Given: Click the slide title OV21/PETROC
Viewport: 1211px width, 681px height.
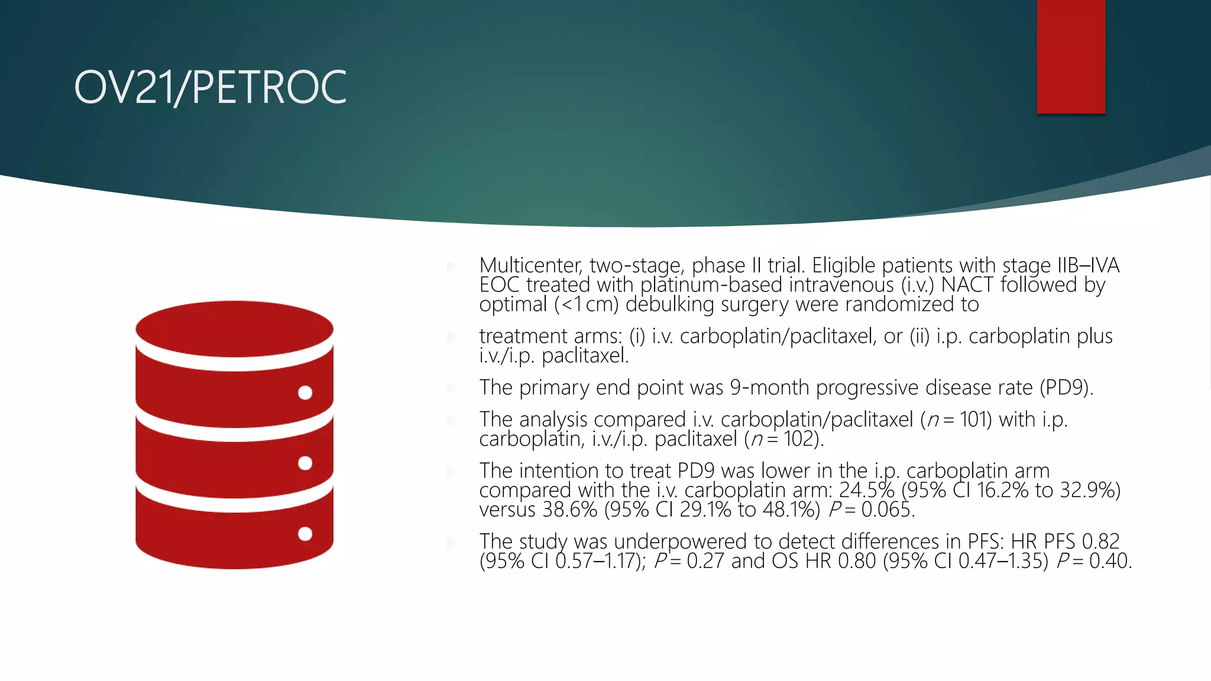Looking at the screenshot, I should click(x=210, y=87).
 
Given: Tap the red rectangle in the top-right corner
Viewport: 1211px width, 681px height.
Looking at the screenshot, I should click(x=1070, y=56).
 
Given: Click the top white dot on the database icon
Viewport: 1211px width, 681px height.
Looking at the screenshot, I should click(x=305, y=393).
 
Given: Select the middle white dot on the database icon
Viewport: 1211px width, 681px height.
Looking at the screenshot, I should click(x=305, y=463).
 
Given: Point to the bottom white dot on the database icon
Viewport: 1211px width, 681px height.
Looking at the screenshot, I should click(x=305, y=534).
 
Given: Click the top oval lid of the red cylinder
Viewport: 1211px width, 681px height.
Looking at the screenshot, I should click(x=234, y=329).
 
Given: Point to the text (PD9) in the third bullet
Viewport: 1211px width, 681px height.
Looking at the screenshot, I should click(x=1066, y=388).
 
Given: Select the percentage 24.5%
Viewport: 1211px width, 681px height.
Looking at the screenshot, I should click(x=866, y=491).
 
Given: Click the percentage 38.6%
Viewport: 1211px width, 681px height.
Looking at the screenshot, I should click(x=569, y=510).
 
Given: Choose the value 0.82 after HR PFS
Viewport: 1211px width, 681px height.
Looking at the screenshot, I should click(x=1100, y=542).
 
